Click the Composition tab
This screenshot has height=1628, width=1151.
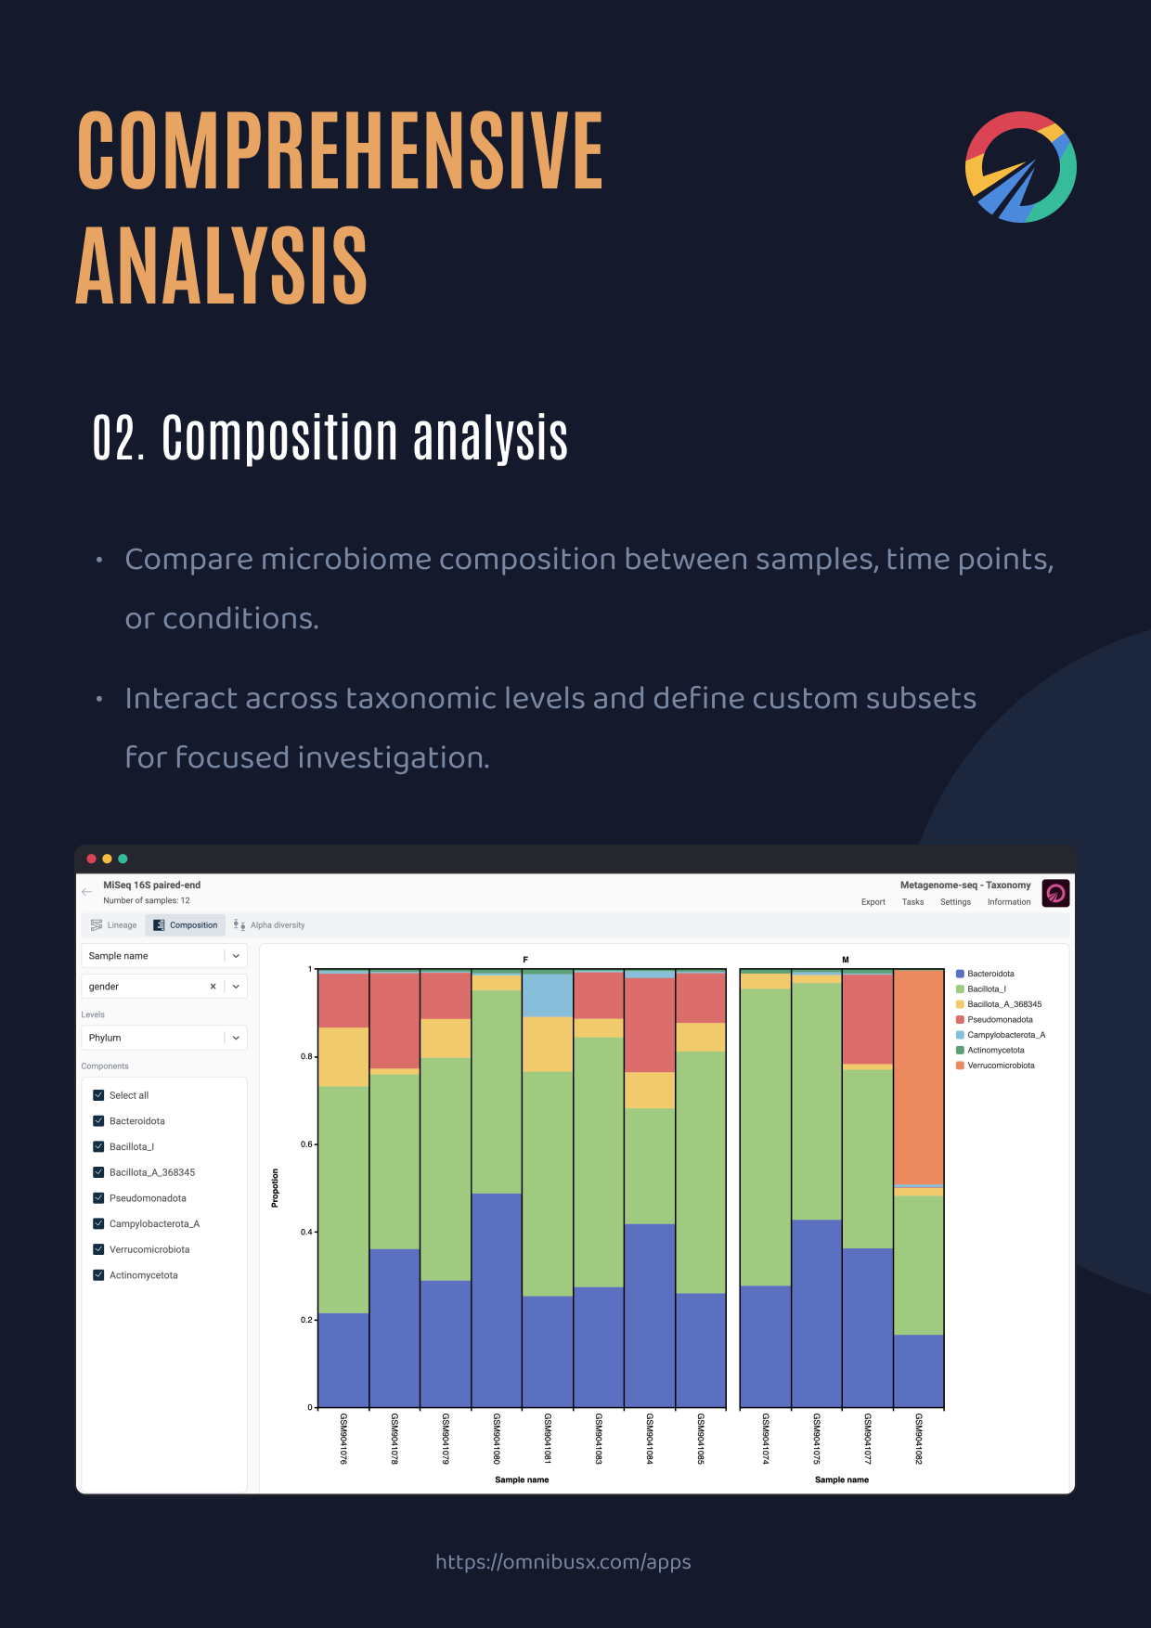(186, 924)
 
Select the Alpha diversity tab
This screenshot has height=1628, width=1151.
(269, 924)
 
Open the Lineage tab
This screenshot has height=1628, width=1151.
(113, 924)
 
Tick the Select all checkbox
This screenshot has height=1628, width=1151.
(98, 1095)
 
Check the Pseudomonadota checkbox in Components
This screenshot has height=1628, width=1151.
(98, 1198)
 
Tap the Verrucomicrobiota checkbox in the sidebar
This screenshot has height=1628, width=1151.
(98, 1249)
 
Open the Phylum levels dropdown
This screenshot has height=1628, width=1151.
(164, 1038)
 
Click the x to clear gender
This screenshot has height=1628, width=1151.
(213, 987)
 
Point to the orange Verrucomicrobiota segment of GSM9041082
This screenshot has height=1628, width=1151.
(919, 1077)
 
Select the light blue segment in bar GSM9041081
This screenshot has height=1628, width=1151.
(548, 995)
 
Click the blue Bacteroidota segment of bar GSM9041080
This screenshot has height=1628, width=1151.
(497, 1300)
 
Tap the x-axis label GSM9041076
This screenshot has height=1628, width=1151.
(343, 1439)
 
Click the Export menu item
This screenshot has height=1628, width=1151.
(873, 902)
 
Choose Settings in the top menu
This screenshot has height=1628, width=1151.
(955, 902)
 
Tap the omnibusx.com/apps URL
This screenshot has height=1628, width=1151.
(563, 1562)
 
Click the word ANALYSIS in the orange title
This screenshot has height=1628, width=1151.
(222, 266)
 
